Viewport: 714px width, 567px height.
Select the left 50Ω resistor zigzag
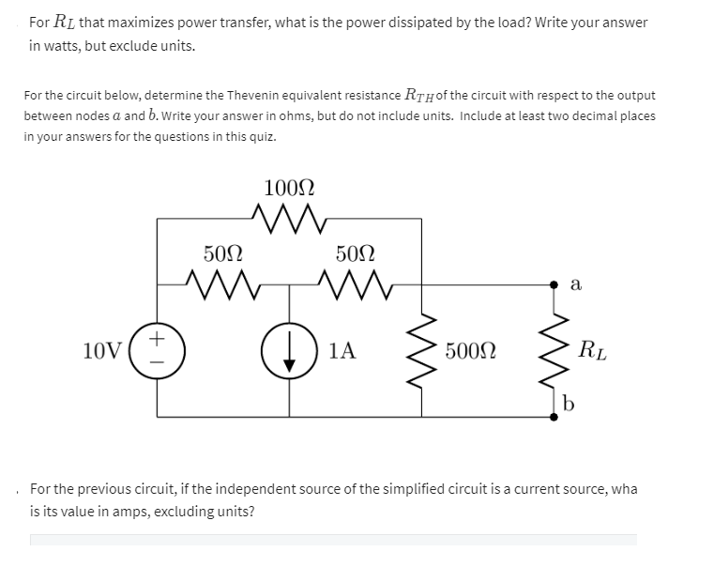tap(223, 280)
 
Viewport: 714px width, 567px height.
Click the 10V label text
tap(102, 351)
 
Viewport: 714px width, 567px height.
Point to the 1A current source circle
tap(289, 350)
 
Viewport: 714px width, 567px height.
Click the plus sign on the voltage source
tap(158, 335)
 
